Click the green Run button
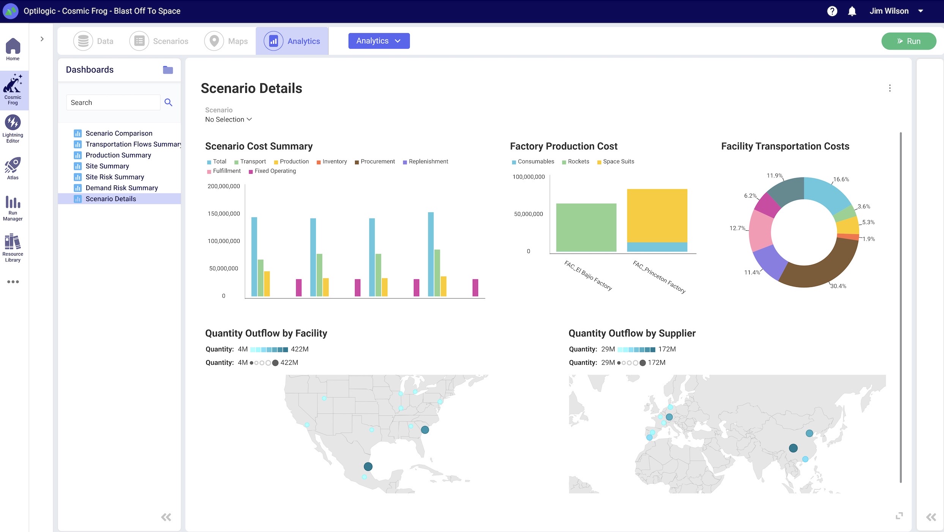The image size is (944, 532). pos(908,41)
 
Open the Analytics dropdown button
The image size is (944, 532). pos(379,41)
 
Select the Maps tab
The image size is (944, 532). pos(226,41)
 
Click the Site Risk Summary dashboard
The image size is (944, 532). pos(115,177)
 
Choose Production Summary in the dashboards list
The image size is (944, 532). pos(118,155)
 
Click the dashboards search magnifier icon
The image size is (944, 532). pos(168,102)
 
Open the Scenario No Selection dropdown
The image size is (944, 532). pos(228,119)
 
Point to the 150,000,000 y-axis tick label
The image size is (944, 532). pos(224,214)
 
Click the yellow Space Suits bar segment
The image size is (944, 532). pos(657,215)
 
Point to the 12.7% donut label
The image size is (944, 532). pos(737,228)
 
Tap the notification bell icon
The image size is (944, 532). pos(852,11)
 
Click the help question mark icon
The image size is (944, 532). pos(832,11)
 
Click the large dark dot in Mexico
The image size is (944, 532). pos(368,466)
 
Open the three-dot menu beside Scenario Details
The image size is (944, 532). pos(890,88)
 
